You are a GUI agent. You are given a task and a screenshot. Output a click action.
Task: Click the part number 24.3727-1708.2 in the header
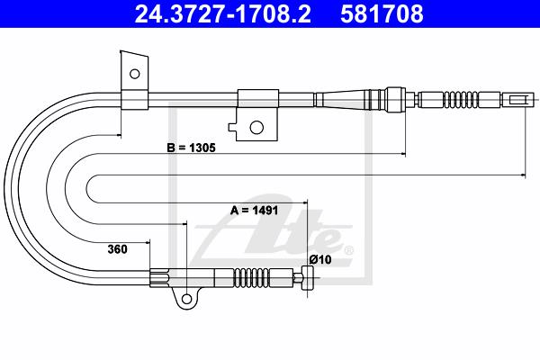tap(222, 14)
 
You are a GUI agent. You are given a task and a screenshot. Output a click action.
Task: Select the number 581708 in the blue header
tap(382, 14)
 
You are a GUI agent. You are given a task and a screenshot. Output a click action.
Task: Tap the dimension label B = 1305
tap(191, 148)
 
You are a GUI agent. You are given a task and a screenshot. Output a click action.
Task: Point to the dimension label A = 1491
tap(254, 210)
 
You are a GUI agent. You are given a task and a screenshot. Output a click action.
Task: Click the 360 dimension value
tap(117, 248)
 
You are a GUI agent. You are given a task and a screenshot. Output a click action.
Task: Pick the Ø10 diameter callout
tap(320, 259)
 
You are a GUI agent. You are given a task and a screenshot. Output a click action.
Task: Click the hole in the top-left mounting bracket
tap(134, 74)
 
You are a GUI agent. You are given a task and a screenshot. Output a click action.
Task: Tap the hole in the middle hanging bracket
tap(256, 128)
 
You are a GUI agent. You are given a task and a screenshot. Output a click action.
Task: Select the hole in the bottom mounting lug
tap(186, 298)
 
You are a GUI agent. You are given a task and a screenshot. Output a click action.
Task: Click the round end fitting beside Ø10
tap(308, 277)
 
